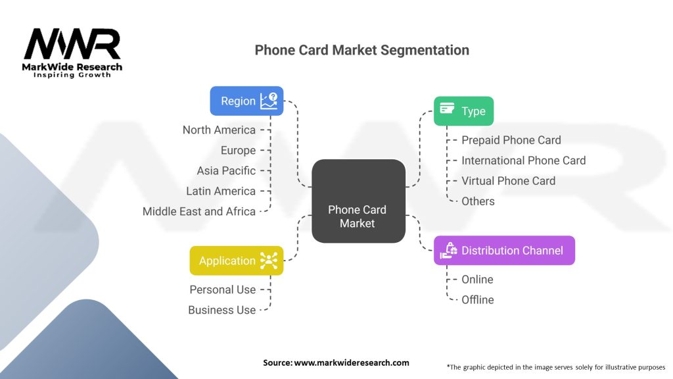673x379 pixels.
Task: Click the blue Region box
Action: [x=246, y=101]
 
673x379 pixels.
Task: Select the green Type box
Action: [x=463, y=111]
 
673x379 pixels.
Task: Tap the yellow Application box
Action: [x=237, y=261]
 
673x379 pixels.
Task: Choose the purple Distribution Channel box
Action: [x=504, y=250]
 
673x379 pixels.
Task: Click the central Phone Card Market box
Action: [x=358, y=201]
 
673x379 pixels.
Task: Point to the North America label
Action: [x=219, y=130]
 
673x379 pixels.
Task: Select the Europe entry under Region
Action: [x=238, y=151]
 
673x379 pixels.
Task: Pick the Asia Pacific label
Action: [x=226, y=170]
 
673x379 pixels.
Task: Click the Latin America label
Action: [x=221, y=191]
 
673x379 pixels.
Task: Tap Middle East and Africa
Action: [x=198, y=211]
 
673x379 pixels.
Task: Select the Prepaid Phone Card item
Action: [x=511, y=140]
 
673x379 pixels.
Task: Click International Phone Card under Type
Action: [x=524, y=161]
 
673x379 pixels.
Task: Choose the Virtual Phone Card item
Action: [x=508, y=181]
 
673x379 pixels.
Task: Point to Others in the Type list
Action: [x=478, y=201]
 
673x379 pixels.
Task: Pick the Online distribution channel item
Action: [x=477, y=279]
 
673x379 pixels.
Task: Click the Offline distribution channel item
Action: [x=478, y=299]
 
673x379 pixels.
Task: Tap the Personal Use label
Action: [x=222, y=290]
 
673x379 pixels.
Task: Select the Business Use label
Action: [x=221, y=310]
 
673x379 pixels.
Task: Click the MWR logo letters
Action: [x=72, y=44]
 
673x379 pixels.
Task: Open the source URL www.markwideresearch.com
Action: [x=352, y=363]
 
